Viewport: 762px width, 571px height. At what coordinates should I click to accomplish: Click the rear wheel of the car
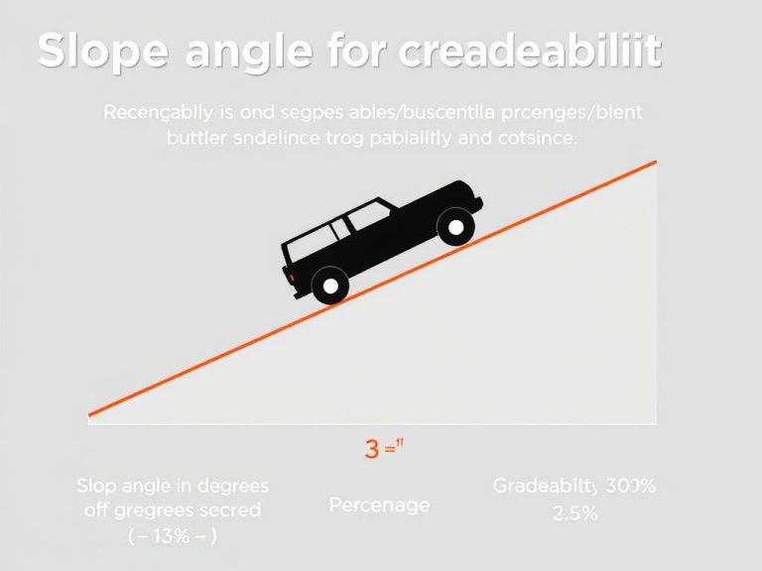(x=329, y=287)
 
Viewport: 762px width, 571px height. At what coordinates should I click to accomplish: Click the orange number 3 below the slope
(x=372, y=448)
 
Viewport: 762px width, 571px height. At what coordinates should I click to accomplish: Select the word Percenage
(x=379, y=505)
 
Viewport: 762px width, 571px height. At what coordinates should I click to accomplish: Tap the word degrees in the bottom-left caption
(x=234, y=487)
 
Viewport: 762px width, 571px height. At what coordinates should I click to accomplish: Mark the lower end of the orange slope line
(x=90, y=414)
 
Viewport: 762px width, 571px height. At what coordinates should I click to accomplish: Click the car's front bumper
(x=477, y=204)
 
